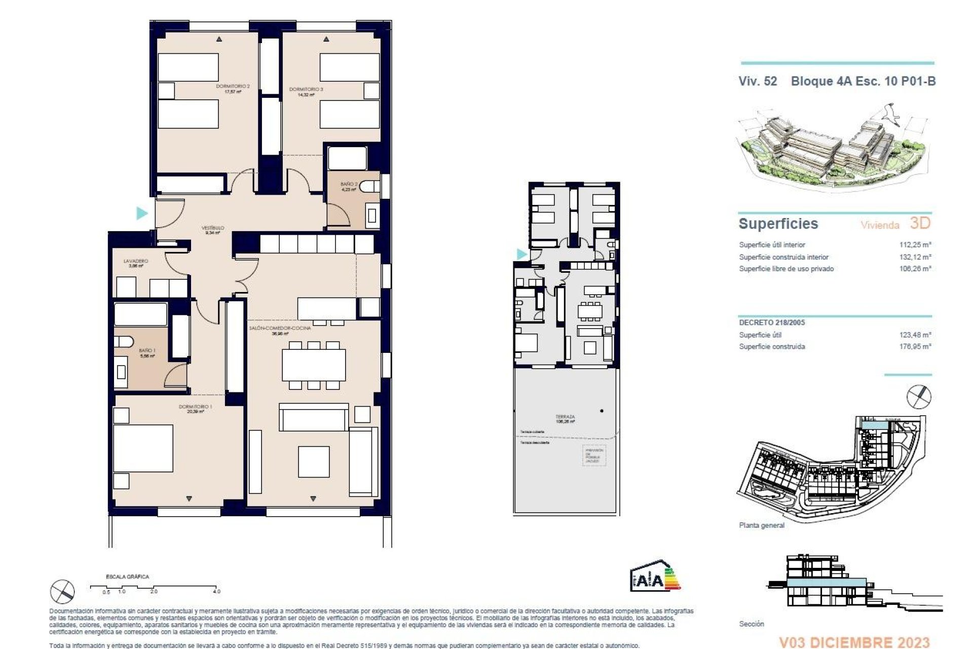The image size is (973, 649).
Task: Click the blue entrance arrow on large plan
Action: click(x=142, y=213)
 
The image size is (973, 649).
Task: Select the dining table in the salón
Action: click(x=314, y=365)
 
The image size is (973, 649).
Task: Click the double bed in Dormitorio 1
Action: click(x=143, y=448)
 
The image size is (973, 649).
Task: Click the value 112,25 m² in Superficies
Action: click(x=915, y=244)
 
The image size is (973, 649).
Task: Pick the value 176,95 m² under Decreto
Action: click(x=915, y=346)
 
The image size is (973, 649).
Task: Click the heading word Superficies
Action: click(x=778, y=224)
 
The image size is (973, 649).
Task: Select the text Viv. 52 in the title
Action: click(x=758, y=81)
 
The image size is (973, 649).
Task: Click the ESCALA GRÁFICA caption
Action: click(x=127, y=576)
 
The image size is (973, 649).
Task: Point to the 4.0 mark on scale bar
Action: click(x=217, y=591)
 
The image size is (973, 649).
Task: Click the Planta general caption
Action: click(x=761, y=525)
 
